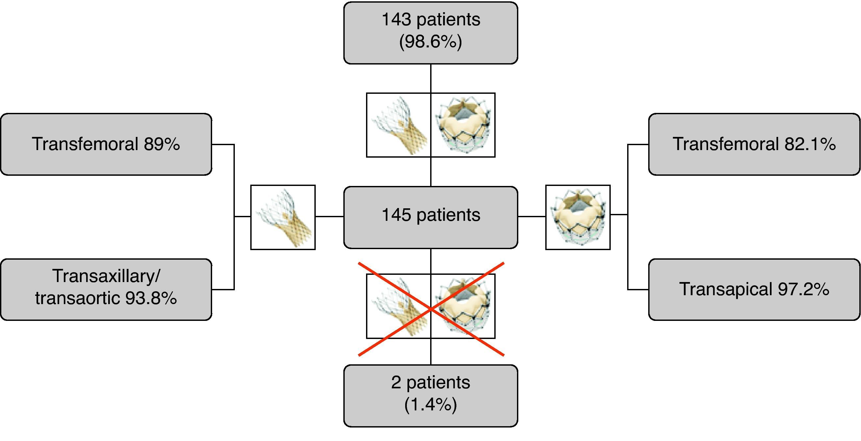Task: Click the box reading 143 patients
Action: [430, 33]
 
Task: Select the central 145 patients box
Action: [430, 217]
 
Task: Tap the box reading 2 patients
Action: [430, 396]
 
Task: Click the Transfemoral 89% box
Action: [106, 144]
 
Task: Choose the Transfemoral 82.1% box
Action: [754, 144]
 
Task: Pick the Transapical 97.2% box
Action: [754, 289]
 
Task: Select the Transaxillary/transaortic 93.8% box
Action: [106, 289]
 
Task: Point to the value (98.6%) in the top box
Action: [430, 42]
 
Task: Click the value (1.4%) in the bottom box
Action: [430, 404]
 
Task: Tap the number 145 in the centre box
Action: [396, 215]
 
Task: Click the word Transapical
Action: [725, 289]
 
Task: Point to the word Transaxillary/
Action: [106, 276]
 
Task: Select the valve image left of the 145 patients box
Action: [283, 217]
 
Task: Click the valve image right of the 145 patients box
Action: [578, 217]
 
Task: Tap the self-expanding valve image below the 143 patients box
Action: [398, 125]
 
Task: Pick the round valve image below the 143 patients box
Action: [463, 125]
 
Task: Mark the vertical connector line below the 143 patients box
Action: [431, 78]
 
